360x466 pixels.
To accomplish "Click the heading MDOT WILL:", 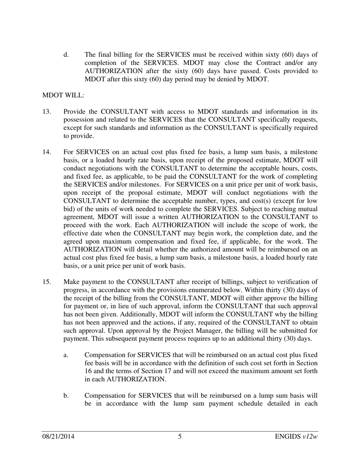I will point(63,95).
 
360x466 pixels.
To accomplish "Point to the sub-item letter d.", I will point(66,55).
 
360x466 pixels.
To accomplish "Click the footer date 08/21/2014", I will point(58,436).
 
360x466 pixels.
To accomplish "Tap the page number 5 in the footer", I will point(180,436).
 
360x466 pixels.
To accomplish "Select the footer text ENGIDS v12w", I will point(296,436).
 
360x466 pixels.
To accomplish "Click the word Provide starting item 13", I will point(75,112).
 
